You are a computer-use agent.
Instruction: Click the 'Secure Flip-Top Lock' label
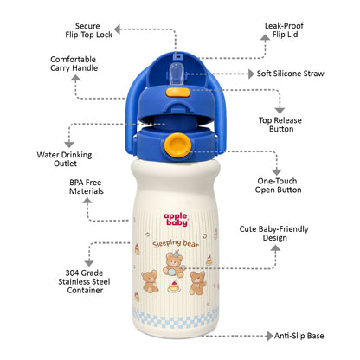[88, 30]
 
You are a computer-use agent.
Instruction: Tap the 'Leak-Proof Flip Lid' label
[284, 30]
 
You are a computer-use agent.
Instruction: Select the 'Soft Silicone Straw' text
[291, 74]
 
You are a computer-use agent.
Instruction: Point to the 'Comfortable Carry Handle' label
[74, 64]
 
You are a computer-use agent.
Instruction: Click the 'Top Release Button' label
[280, 125]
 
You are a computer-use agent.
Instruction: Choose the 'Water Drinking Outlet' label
[64, 159]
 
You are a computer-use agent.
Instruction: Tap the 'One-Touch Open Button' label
[278, 185]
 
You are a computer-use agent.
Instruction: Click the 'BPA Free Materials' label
[86, 187]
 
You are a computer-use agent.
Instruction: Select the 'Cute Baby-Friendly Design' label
[273, 234]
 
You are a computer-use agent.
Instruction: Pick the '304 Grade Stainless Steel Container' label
[84, 281]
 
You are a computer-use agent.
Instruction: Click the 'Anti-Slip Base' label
[299, 336]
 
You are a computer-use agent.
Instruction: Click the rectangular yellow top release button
[177, 93]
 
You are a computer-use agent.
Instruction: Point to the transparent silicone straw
[177, 74]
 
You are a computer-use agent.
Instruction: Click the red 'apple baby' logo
[176, 220]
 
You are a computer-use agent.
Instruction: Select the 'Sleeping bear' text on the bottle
[176, 244]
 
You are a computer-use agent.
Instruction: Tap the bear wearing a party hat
[174, 264]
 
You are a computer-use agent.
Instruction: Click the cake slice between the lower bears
[174, 287]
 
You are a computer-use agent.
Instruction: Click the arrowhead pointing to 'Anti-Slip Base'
[270, 336]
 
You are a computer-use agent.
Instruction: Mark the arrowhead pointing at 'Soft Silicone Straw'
[251, 74]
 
